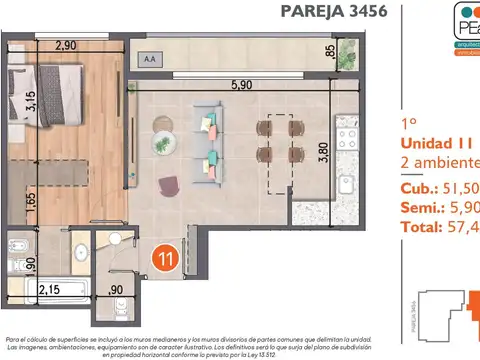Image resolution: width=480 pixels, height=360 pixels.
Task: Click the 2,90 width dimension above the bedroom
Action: tap(66, 46)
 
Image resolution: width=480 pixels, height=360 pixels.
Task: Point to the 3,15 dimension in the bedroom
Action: tap(31, 103)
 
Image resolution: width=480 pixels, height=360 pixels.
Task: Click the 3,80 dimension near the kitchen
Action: tap(321, 154)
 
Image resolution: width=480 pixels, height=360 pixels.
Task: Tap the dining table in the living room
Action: tap(279, 140)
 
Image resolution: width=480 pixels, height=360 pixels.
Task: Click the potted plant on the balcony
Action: tap(347, 49)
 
